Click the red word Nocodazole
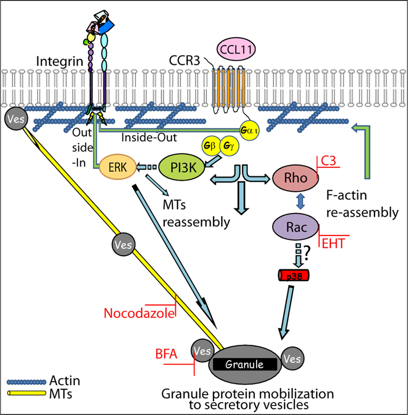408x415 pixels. pos(139,312)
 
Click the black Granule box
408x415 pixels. pos(245,365)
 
